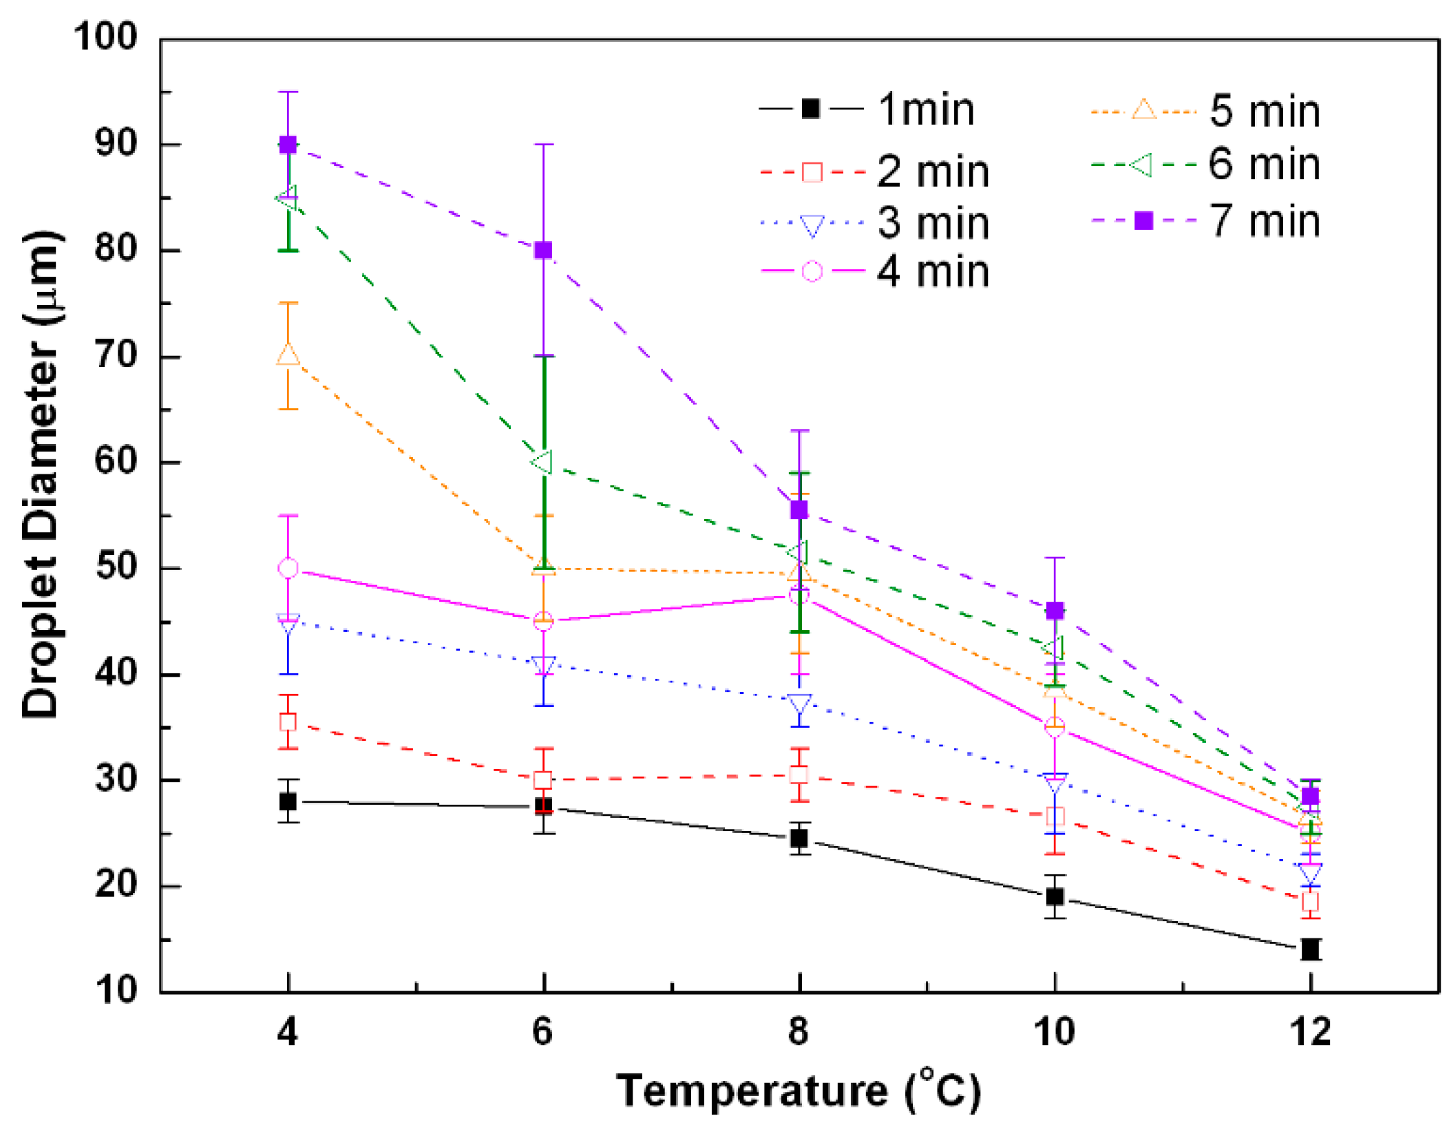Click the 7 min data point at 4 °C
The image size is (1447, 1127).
[x=288, y=145]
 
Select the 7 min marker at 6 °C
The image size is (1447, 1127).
[x=543, y=250]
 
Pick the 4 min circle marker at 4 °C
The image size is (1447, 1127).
[x=288, y=568]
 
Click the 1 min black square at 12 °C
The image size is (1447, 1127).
[x=1310, y=949]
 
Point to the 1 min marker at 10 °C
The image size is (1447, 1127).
[x=1055, y=896]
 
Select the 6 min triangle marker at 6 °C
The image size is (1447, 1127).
[x=543, y=462]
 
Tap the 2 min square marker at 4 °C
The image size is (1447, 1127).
[x=288, y=722]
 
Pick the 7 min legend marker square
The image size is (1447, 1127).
[x=1143, y=220]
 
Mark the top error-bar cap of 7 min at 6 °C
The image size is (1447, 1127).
[x=543, y=145]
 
